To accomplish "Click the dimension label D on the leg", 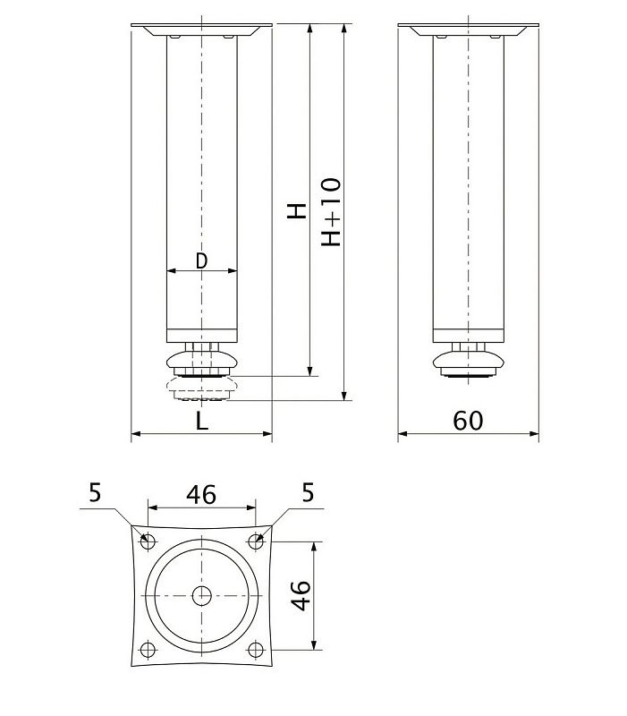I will pos(201,260).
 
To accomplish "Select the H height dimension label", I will pos(297,211).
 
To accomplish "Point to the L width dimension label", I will pos(202,422).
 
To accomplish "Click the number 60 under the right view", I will pos(468,421).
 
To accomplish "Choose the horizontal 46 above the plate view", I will pos(200,495).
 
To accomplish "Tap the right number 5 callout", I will pos(308,493).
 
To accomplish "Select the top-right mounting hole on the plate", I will pos(256,541).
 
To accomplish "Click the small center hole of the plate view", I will pos(201,595).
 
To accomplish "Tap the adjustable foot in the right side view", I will pos(468,362).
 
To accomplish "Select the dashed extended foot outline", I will pos(201,388).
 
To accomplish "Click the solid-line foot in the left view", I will pos(201,361).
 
